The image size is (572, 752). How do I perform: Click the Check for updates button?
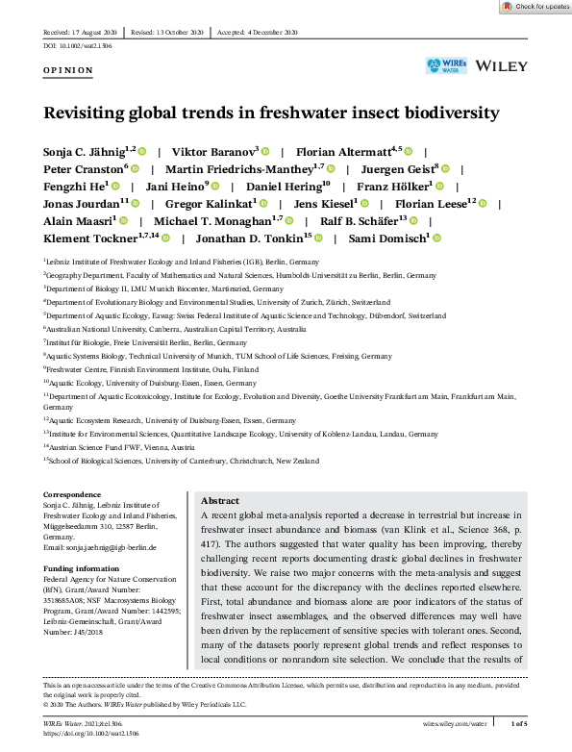[x=535, y=7]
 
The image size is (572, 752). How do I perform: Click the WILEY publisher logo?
[x=501, y=65]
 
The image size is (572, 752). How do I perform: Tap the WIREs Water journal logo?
[x=446, y=65]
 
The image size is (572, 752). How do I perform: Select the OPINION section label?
[x=68, y=70]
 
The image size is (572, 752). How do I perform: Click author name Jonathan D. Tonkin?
[x=253, y=238]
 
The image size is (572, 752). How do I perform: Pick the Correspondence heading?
[x=72, y=494]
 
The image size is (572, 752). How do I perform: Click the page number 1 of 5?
[x=518, y=721]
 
